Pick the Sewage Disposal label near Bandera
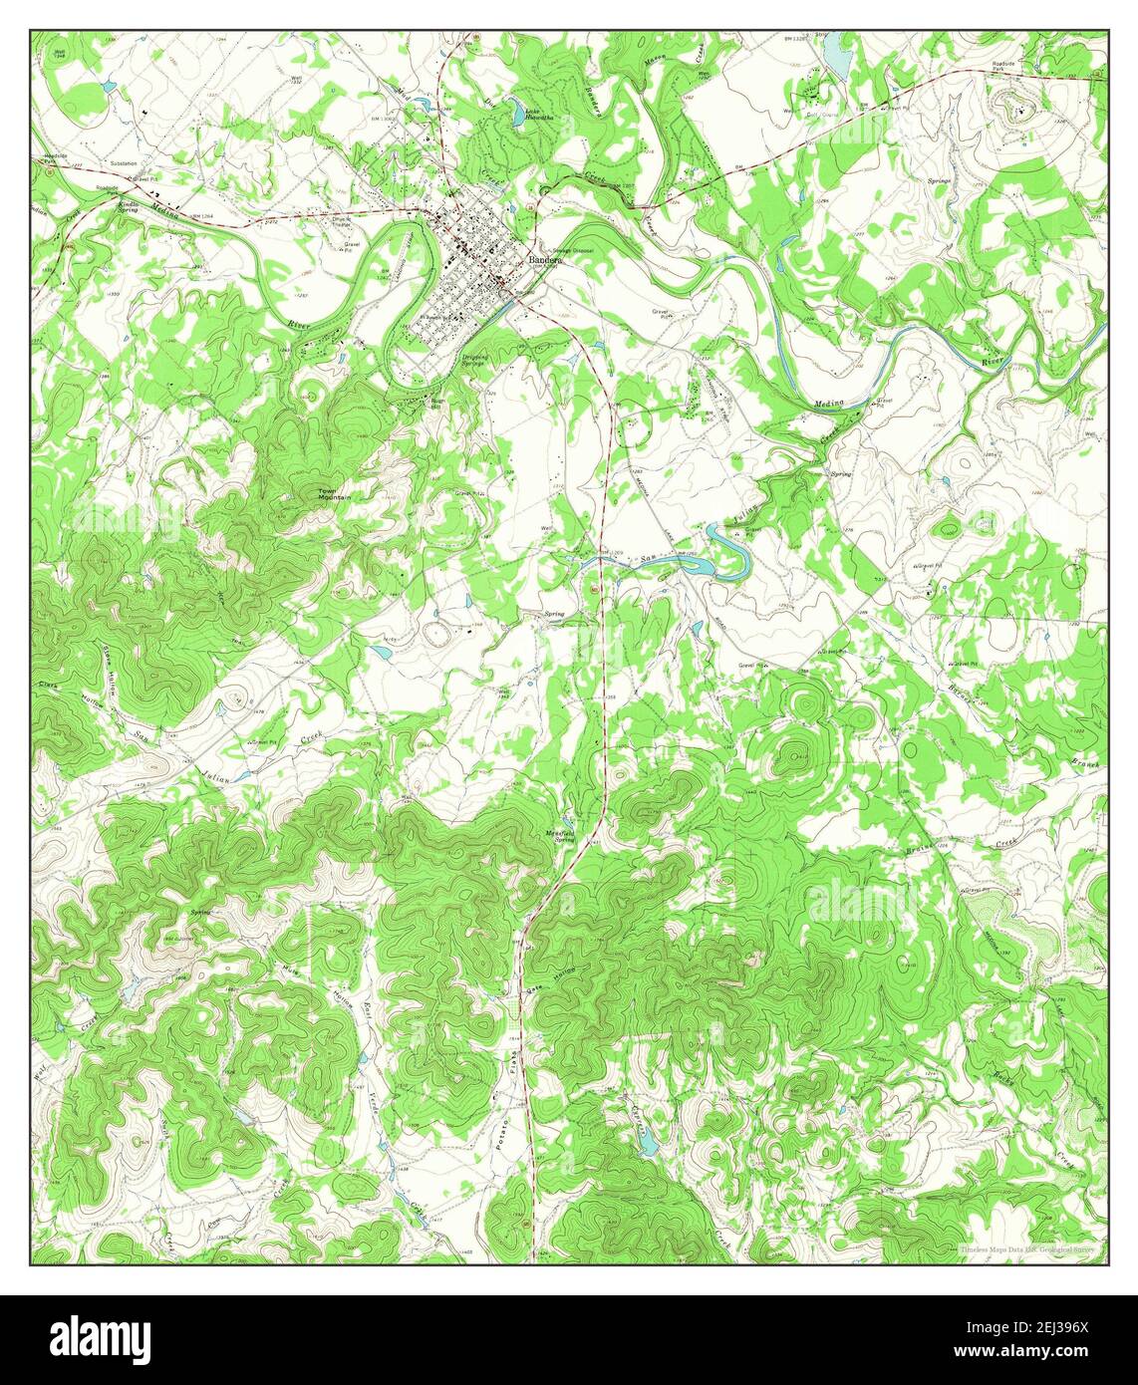pos(567,250)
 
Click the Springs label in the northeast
pos(940,181)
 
